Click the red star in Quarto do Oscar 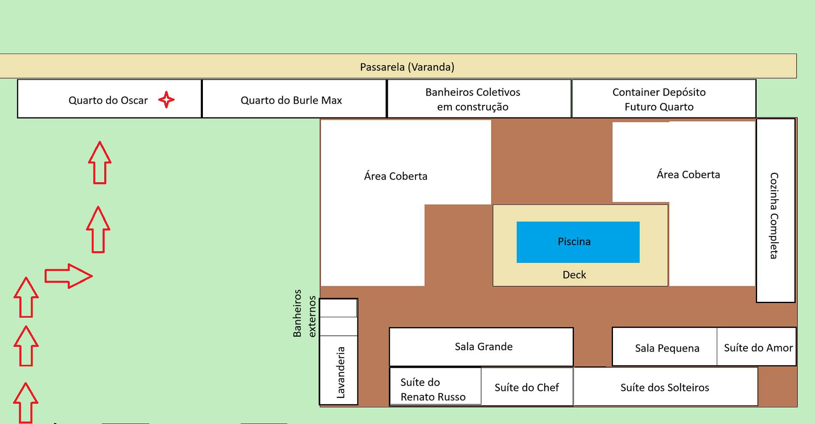(166, 100)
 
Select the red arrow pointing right (69, 276)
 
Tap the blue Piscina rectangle (578, 242)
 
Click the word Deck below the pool (574, 275)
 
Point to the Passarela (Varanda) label (407, 67)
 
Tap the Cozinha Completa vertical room (775, 210)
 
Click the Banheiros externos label (304, 313)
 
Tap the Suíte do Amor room (757, 347)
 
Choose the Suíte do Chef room (527, 387)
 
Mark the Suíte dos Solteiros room (665, 387)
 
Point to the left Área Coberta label (395, 176)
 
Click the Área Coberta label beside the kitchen (688, 174)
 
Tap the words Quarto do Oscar (108, 100)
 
